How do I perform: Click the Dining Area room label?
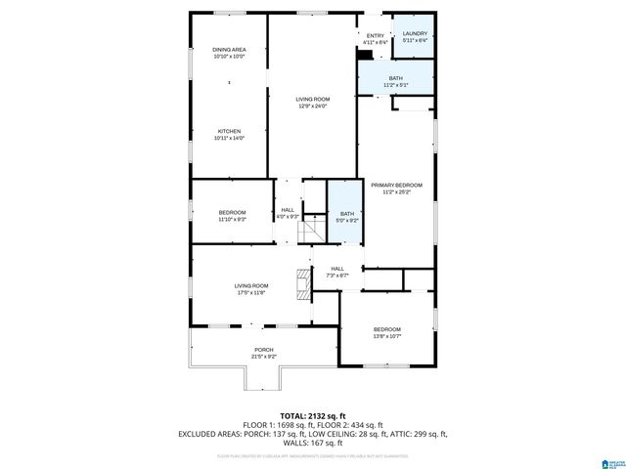229,50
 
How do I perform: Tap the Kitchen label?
229,131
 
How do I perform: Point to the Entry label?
376,36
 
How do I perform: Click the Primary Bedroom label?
396,185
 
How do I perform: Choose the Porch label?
264,350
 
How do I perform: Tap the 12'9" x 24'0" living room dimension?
313,106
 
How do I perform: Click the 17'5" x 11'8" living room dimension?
250,292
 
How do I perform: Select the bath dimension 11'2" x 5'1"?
396,85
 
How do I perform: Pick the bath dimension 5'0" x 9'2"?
347,220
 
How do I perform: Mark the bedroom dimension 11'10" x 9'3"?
232,219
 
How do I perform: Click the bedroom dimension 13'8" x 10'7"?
386,337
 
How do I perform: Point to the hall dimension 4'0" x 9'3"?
288,216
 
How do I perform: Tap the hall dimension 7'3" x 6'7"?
336,276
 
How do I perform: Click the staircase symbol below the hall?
312,233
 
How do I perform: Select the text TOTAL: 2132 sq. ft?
312,415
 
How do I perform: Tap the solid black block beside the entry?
365,55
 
